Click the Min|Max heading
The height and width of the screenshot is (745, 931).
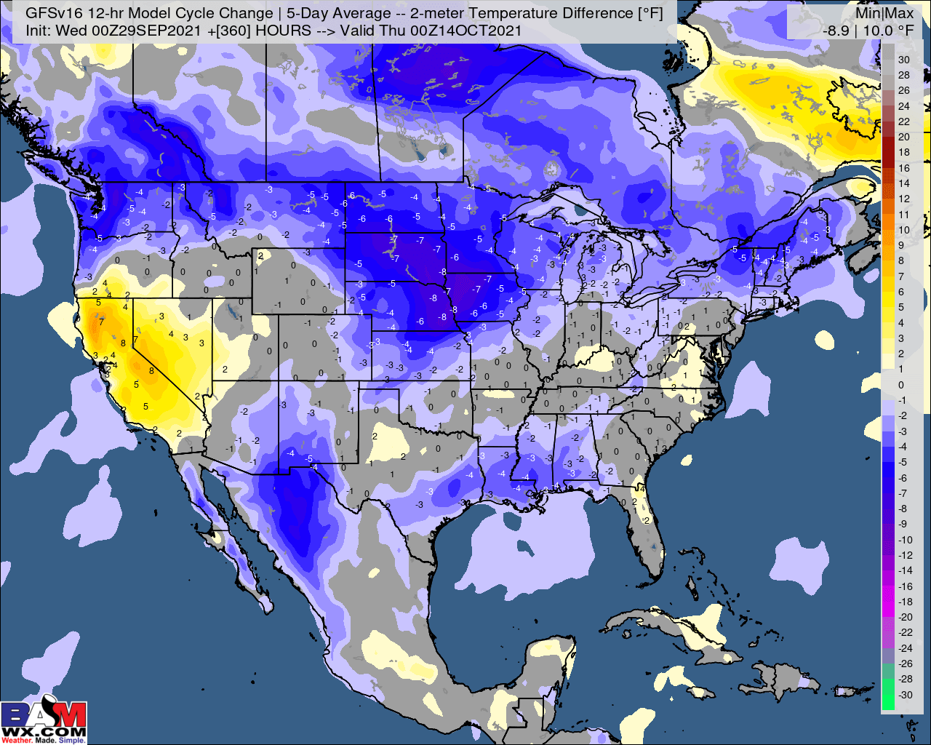[883, 13]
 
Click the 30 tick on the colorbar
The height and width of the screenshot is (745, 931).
[903, 60]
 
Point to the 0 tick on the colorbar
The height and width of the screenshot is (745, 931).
[901, 385]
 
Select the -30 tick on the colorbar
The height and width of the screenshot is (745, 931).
[905, 695]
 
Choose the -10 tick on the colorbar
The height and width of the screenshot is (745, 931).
[905, 540]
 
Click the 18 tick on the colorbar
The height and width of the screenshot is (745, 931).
[903, 152]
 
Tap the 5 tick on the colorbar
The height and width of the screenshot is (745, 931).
[901, 307]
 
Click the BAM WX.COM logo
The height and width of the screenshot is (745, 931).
[44, 721]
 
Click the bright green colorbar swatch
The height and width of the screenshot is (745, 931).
[887, 695]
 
